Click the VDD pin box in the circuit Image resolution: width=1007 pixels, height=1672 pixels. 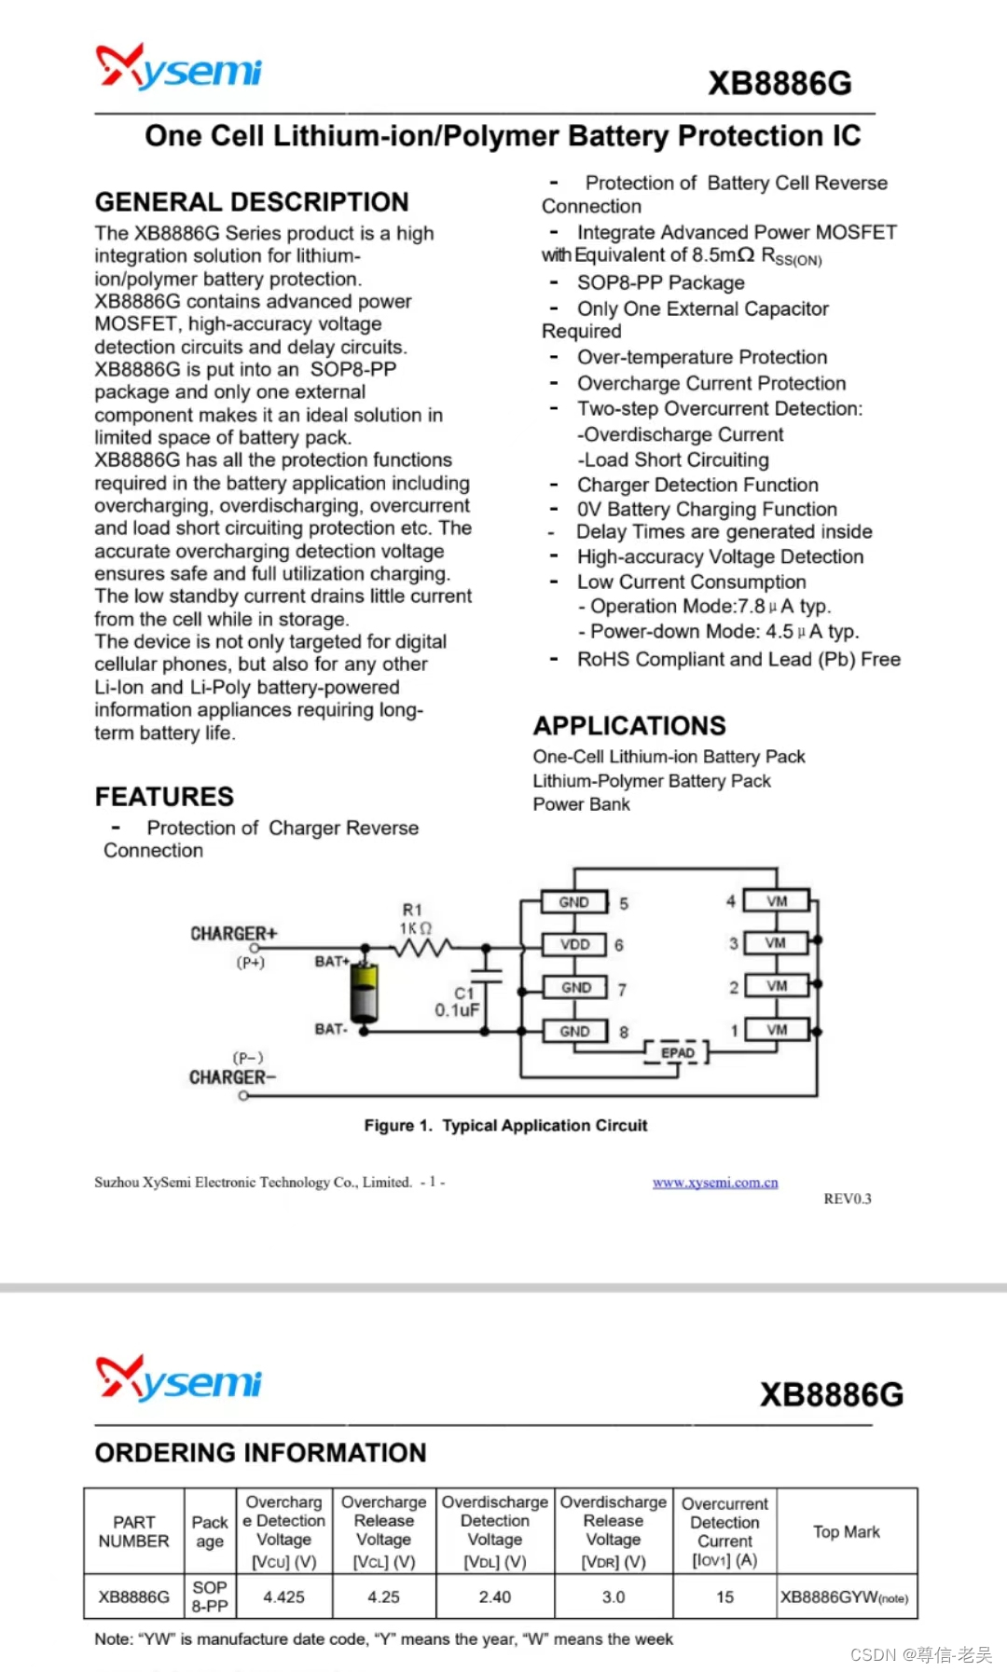coord(574,944)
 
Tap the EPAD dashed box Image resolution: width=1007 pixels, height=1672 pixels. coord(678,1053)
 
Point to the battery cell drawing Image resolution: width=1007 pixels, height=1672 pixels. coord(365,994)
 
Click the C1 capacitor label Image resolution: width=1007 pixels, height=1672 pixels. coord(463,994)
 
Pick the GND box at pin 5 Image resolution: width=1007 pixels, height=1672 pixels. coord(574,902)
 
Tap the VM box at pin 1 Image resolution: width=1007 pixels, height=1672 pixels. coord(777,1030)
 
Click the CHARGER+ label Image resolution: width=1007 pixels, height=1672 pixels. coord(233,933)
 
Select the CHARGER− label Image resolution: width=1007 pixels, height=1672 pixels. coord(232,1077)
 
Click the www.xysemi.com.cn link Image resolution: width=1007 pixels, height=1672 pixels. coord(715,1183)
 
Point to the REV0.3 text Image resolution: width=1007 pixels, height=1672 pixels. coord(847,1199)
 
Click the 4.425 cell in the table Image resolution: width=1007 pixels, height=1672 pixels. coord(283,1597)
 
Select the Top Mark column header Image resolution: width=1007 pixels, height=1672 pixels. coord(846,1531)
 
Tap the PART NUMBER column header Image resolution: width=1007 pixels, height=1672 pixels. coord(133,1531)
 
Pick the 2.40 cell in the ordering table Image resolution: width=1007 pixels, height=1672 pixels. coord(495,1597)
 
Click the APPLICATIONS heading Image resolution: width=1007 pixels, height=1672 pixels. coord(629,725)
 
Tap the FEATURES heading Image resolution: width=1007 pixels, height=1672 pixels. coord(164,796)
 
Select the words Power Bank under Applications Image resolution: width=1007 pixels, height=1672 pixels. coord(581,804)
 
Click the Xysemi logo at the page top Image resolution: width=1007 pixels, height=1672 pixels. coord(179,68)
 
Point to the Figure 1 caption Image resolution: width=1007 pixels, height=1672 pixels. coord(505,1125)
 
